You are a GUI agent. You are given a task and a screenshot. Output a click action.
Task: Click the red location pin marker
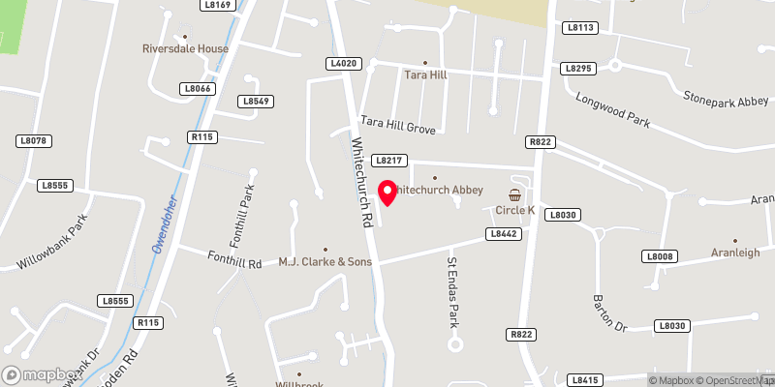387,192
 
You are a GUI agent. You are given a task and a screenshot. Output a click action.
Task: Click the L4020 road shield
344,63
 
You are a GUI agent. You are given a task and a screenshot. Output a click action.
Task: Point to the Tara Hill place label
424,74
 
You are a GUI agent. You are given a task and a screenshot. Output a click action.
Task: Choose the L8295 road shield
577,68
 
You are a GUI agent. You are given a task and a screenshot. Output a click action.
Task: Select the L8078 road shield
33,141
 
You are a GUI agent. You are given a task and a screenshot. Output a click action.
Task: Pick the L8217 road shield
388,160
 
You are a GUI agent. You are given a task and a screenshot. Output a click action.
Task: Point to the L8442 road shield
502,233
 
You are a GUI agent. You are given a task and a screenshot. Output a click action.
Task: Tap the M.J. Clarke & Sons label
325,261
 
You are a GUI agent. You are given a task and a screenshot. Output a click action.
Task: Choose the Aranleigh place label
734,249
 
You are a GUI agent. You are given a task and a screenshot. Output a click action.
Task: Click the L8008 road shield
658,256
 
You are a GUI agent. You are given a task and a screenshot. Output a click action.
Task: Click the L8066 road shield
196,88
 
